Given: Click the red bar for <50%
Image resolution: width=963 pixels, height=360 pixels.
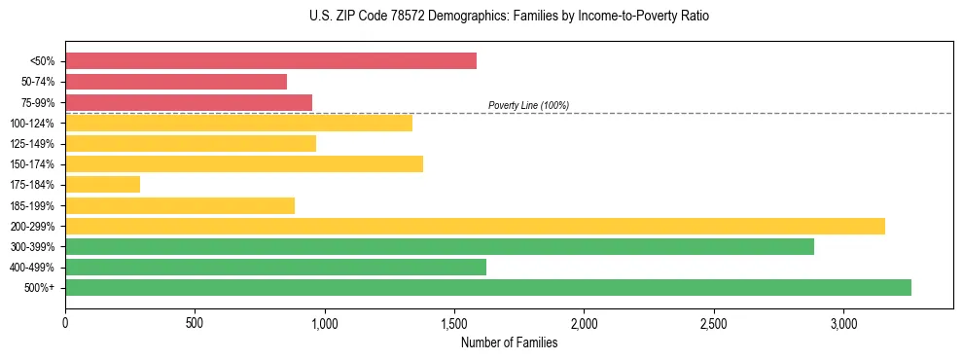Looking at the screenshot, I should [x=270, y=61].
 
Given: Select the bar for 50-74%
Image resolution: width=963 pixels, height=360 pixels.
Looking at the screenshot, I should [x=176, y=82].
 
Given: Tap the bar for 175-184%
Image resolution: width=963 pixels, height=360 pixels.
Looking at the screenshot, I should [x=102, y=184].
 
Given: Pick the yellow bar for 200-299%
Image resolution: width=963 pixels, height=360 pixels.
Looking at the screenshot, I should [x=475, y=226].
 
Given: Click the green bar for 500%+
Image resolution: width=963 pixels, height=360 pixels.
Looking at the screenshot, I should [x=488, y=287].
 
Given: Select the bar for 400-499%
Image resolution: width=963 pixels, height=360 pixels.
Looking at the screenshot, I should [x=275, y=267].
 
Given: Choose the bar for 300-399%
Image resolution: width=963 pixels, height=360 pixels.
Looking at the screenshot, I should [x=440, y=246].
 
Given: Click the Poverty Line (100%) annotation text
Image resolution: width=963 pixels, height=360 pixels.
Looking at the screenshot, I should [x=528, y=105].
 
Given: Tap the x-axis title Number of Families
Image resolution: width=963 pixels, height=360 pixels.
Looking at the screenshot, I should [x=509, y=342].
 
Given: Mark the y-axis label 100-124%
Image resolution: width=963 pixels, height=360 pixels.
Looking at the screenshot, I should [x=32, y=124].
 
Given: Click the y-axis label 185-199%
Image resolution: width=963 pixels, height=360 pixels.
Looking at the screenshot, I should [x=32, y=205].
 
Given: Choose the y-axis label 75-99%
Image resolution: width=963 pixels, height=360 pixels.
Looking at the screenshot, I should [x=36, y=102].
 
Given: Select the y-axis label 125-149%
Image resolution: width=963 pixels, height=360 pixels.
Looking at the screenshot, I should [x=32, y=144].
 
